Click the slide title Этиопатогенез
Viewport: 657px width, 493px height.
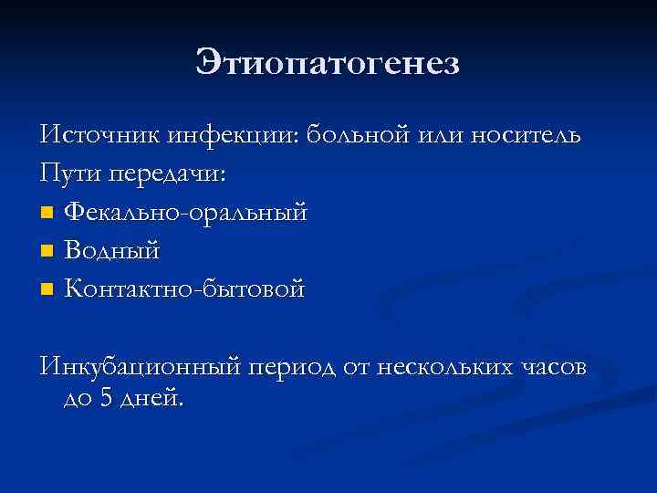click(x=328, y=64)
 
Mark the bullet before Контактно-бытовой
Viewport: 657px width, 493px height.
click(x=47, y=290)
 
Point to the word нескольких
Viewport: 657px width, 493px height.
click(x=454, y=368)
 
